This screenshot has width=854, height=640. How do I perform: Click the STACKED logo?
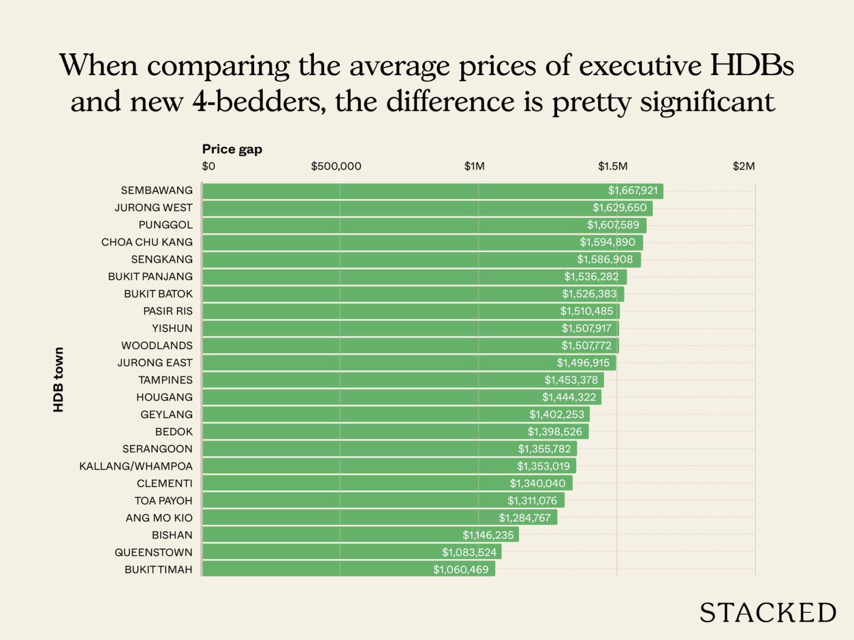tap(768, 613)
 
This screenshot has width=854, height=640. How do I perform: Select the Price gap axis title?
tap(232, 149)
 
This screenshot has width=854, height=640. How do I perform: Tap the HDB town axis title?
tap(58, 379)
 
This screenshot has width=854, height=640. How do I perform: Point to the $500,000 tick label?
tap(336, 166)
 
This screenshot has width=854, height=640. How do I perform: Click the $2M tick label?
tap(744, 166)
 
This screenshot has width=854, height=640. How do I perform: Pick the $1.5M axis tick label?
tap(612, 166)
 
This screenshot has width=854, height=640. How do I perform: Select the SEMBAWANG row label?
tap(156, 190)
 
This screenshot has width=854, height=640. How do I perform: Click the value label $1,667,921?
tap(633, 190)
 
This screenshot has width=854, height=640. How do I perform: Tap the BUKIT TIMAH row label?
tap(158, 570)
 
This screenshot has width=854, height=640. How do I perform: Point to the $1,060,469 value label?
tap(461, 570)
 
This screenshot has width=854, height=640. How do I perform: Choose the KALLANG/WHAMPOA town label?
tap(136, 466)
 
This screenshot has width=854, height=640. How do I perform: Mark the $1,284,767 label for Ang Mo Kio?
tap(525, 518)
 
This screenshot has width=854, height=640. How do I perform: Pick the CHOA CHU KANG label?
tap(147, 242)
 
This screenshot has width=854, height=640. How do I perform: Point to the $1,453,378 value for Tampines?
tap(571, 380)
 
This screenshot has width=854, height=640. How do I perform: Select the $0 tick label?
tap(208, 166)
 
